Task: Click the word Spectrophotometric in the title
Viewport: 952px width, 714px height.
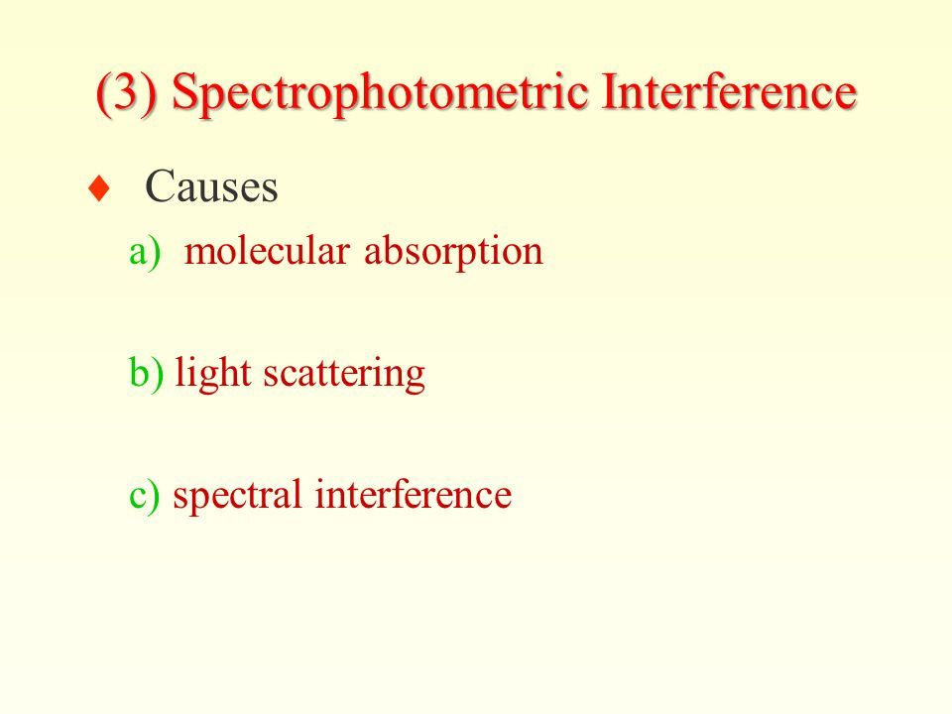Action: (x=380, y=92)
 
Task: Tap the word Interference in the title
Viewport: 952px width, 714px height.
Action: (x=729, y=90)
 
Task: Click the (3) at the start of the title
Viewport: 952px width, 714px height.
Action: (x=127, y=92)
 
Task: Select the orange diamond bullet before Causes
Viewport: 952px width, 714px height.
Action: (x=99, y=188)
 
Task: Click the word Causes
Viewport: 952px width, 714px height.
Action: (x=211, y=185)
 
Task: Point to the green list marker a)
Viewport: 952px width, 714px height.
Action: (x=145, y=251)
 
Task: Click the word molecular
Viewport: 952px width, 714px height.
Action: (x=267, y=250)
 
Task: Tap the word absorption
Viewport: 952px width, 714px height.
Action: (x=453, y=252)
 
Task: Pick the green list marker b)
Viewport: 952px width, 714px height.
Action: (x=147, y=372)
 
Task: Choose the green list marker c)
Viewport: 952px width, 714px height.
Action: (x=145, y=495)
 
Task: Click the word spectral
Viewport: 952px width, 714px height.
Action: (x=237, y=495)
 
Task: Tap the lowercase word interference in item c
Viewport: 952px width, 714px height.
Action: (x=414, y=493)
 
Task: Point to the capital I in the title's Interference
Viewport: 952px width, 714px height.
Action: (x=610, y=91)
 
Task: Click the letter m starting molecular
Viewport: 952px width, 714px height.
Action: (x=198, y=255)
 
